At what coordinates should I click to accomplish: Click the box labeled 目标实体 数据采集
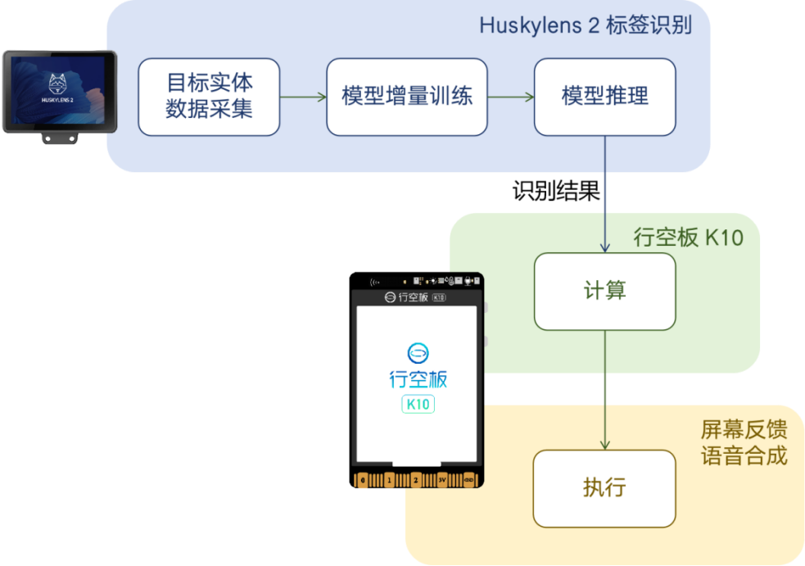209,97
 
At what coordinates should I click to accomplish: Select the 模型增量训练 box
406,97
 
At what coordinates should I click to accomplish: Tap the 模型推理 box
605,97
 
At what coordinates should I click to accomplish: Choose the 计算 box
605,291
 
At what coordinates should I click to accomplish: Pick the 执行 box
604,488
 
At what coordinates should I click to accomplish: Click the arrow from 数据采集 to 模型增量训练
303,97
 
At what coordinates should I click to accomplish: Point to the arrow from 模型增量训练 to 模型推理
511,97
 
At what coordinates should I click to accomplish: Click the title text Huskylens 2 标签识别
586,25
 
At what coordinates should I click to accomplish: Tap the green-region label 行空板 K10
689,238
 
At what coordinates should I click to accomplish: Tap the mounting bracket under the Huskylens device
59,138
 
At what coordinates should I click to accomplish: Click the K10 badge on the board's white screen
418,404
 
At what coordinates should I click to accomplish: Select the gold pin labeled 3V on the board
442,480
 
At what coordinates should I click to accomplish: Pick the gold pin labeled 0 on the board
363,480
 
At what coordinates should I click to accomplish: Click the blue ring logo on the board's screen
418,354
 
